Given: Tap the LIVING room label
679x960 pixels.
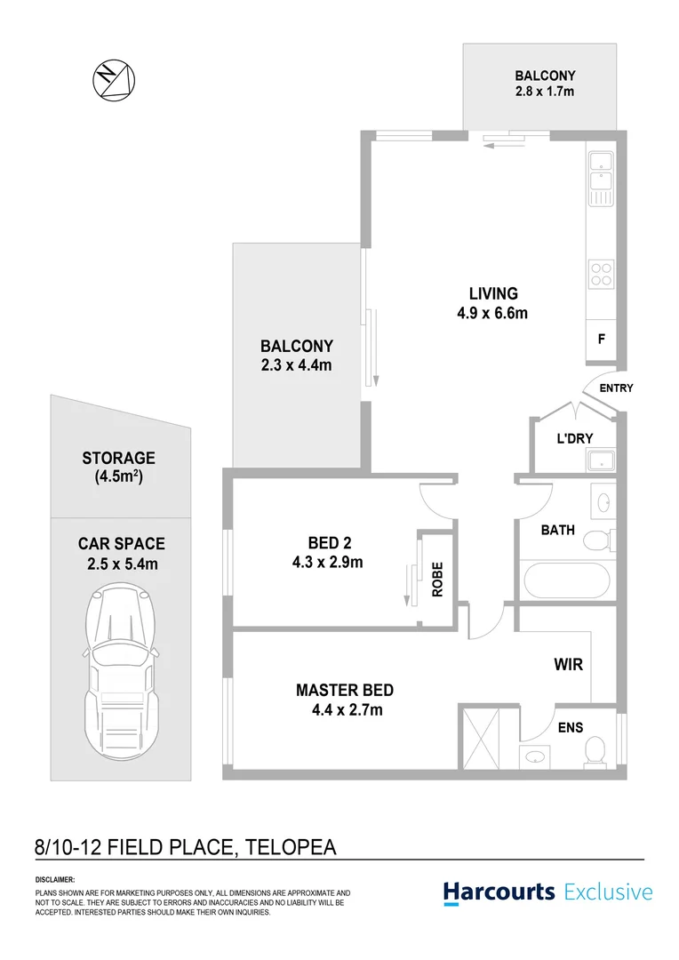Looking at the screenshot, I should tap(493, 294).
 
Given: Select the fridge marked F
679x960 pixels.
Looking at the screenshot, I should tap(602, 340).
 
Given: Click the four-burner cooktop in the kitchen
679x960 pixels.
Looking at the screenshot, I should tap(601, 273).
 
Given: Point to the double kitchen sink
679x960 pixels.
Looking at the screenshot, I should tap(601, 176).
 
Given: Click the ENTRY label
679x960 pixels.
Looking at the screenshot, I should tap(617, 388).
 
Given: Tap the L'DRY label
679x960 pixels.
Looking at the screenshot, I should tap(574, 438).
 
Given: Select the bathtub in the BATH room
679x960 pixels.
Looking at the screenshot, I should tap(567, 581).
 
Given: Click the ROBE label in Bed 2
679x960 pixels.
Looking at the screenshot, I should tap(436, 580).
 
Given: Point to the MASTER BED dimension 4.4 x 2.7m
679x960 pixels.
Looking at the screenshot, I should tap(344, 709).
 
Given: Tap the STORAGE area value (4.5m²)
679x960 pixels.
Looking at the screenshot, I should tap(118, 477).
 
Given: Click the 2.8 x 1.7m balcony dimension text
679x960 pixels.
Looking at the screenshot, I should tap(544, 92).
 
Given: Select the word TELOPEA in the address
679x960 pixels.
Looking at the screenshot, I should tap(287, 847).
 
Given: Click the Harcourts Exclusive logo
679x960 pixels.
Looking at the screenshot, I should tap(547, 892).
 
